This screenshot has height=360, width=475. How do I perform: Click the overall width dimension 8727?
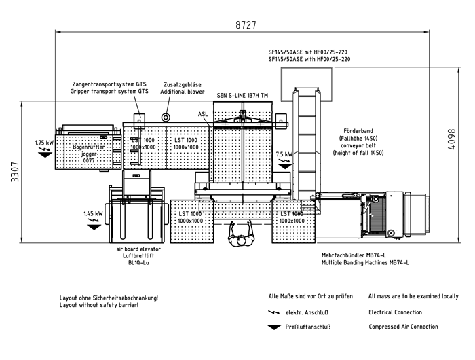[x=246, y=24]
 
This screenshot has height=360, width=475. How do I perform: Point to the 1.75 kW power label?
[x=44, y=143]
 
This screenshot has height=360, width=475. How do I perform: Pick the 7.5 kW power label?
[x=284, y=154]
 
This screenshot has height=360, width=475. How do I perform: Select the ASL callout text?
[x=203, y=113]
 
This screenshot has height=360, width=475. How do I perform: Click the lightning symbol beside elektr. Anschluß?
[x=275, y=313]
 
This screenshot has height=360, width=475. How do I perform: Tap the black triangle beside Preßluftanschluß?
[x=275, y=327]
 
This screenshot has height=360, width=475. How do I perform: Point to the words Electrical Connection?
[x=395, y=312]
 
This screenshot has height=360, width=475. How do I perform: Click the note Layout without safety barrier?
[x=99, y=305]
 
